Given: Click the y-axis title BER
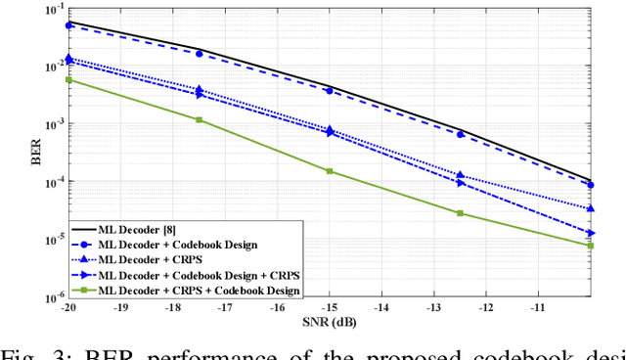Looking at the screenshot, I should point(36,155).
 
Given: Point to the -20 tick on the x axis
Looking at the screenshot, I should point(67,307).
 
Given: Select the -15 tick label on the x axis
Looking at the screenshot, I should point(329,307).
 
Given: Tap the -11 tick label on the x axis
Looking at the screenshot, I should point(538,307).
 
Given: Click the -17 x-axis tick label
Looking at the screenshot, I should point(224,307).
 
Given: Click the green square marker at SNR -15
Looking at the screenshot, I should point(330,171).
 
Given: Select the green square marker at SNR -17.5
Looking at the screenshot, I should point(199,119).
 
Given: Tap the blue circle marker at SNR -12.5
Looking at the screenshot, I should point(460,134).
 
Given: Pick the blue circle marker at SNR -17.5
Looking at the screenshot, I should point(199,54).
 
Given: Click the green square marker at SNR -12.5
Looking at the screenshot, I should point(460,213).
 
